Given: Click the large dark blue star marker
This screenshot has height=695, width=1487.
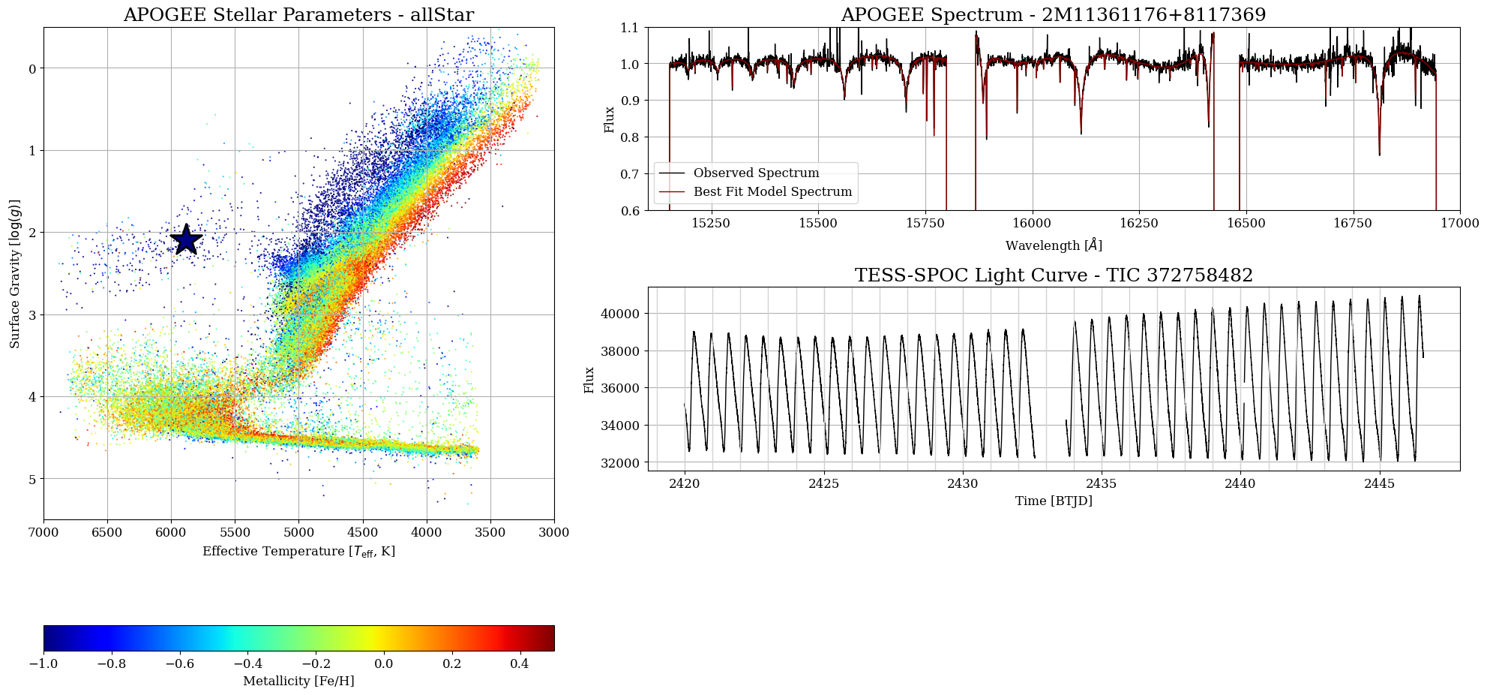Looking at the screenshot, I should [x=186, y=239].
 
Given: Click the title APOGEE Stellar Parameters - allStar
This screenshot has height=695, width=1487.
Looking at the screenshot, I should [x=298, y=15].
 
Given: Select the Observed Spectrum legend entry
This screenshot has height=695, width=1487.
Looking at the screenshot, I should [x=756, y=173].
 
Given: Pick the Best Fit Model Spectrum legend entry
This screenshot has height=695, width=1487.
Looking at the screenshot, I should [x=772, y=192].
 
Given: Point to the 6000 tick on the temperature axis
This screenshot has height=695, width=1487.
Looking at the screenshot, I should [x=171, y=532].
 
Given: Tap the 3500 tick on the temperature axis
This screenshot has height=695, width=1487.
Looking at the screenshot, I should [x=490, y=532].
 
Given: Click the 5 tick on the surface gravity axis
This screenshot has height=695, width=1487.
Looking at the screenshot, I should [x=31, y=479].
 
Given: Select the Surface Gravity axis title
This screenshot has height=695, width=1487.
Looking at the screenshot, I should [x=15, y=273].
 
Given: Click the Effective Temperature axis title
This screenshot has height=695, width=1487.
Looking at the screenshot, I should [x=298, y=552].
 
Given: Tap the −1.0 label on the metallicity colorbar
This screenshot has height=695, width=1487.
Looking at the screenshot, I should [x=43, y=663].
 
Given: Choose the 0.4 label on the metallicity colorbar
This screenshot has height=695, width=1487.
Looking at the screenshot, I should [x=520, y=663].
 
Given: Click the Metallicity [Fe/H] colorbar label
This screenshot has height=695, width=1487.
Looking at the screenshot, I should [x=298, y=681].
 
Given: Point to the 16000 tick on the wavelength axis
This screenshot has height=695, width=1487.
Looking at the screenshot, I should [x=1032, y=223].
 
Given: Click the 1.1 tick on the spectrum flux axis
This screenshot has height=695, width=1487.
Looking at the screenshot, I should [x=630, y=28].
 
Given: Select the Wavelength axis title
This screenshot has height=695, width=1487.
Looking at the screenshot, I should [x=1054, y=245].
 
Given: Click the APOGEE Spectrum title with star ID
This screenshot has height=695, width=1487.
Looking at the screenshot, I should [x=1054, y=15].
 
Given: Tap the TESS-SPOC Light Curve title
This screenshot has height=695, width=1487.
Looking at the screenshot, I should [x=1054, y=275].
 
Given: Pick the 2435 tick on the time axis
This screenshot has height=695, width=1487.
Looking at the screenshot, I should [x=1101, y=484].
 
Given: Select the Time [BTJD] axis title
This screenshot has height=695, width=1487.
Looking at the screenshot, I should [x=1054, y=501].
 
